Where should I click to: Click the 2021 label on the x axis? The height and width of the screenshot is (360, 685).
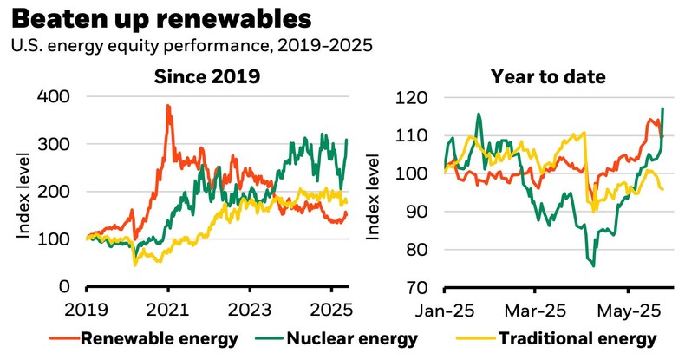click(168, 310)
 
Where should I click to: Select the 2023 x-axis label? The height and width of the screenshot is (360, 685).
click(250, 310)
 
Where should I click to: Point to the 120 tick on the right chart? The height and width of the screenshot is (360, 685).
click(409, 97)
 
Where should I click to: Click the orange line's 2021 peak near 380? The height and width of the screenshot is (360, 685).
click(167, 106)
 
